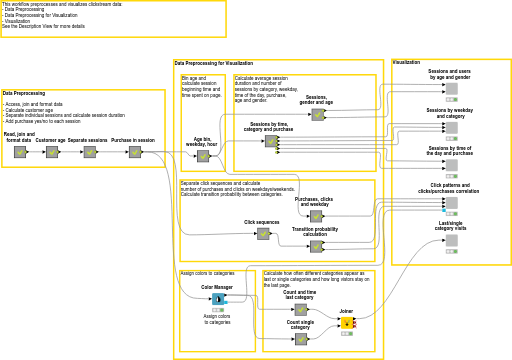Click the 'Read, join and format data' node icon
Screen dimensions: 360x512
pyautogui.click(x=19, y=152)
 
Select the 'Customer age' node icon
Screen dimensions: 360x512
pyautogui.click(x=52, y=152)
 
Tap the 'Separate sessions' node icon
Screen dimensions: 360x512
pyautogui.click(x=89, y=152)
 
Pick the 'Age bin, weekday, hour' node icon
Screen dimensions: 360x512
pyautogui.click(x=203, y=156)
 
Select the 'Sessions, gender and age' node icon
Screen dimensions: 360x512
pyautogui.click(x=317, y=115)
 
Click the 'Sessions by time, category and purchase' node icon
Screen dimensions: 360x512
pyautogui.click(x=270, y=142)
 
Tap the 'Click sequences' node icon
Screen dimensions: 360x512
pyautogui.click(x=263, y=234)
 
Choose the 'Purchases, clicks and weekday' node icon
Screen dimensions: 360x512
pyautogui.click(x=315, y=217)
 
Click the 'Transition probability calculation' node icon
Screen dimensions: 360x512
pyautogui.click(x=316, y=246)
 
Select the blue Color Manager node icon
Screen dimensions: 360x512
pyautogui.click(x=217, y=299)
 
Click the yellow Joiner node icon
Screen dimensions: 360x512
pyautogui.click(x=347, y=323)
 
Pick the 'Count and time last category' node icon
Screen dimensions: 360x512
pyautogui.click(x=301, y=310)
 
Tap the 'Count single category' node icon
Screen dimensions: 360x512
pyautogui.click(x=301, y=339)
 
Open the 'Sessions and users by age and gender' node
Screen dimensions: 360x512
pyautogui.click(x=451, y=89)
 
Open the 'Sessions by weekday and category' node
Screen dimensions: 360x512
pyautogui.click(x=451, y=127)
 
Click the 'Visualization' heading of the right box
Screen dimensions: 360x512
pyautogui.click(x=406, y=62)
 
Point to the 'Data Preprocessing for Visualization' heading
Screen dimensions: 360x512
pyautogui.click(x=213, y=63)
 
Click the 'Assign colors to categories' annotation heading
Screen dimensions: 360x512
pyautogui.click(x=207, y=273)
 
